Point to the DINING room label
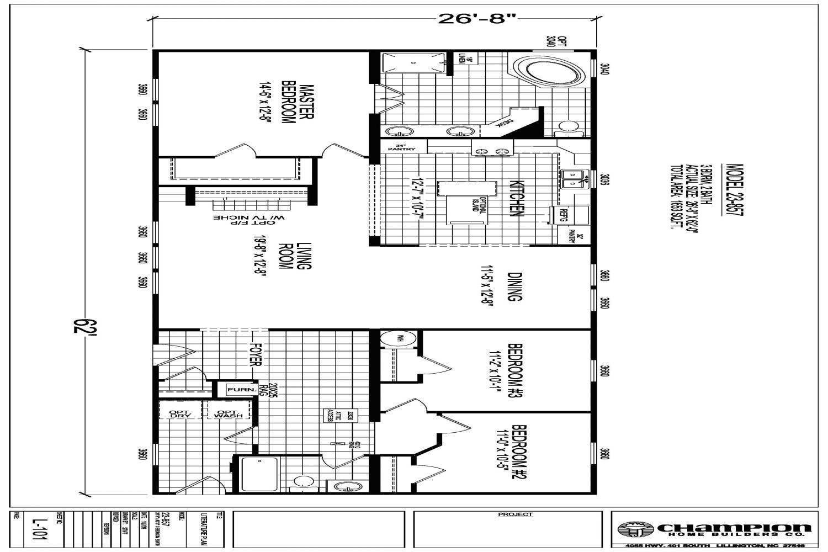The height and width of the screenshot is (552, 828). tap(514, 287)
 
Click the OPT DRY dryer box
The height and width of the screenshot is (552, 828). tap(180, 413)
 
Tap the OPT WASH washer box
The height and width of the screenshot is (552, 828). tap(227, 413)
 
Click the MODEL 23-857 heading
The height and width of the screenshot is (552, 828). tap(734, 190)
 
